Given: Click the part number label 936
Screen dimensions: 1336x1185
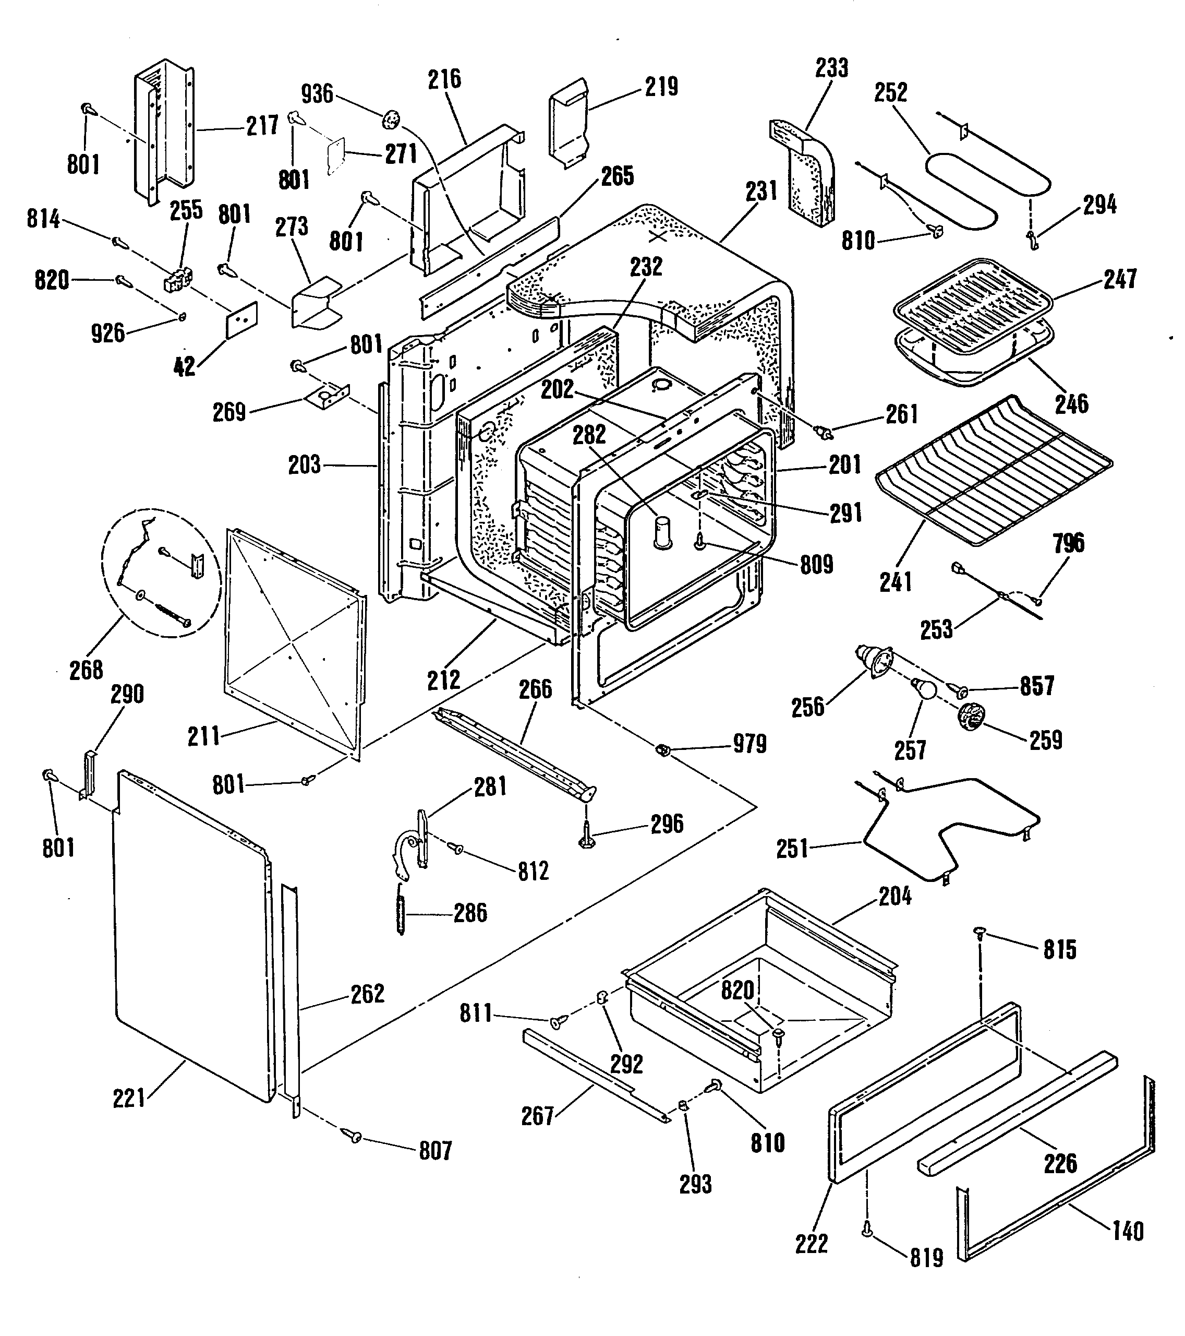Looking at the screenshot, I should click(x=318, y=94).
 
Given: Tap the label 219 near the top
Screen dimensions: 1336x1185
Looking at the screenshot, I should click(x=661, y=87).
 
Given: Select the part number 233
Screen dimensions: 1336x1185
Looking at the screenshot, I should click(x=831, y=67).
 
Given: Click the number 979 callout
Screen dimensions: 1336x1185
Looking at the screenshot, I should click(x=749, y=744).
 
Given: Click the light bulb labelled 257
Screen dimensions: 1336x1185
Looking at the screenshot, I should click(x=924, y=689).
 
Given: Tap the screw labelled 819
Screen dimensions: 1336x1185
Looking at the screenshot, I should click(x=867, y=1229).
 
